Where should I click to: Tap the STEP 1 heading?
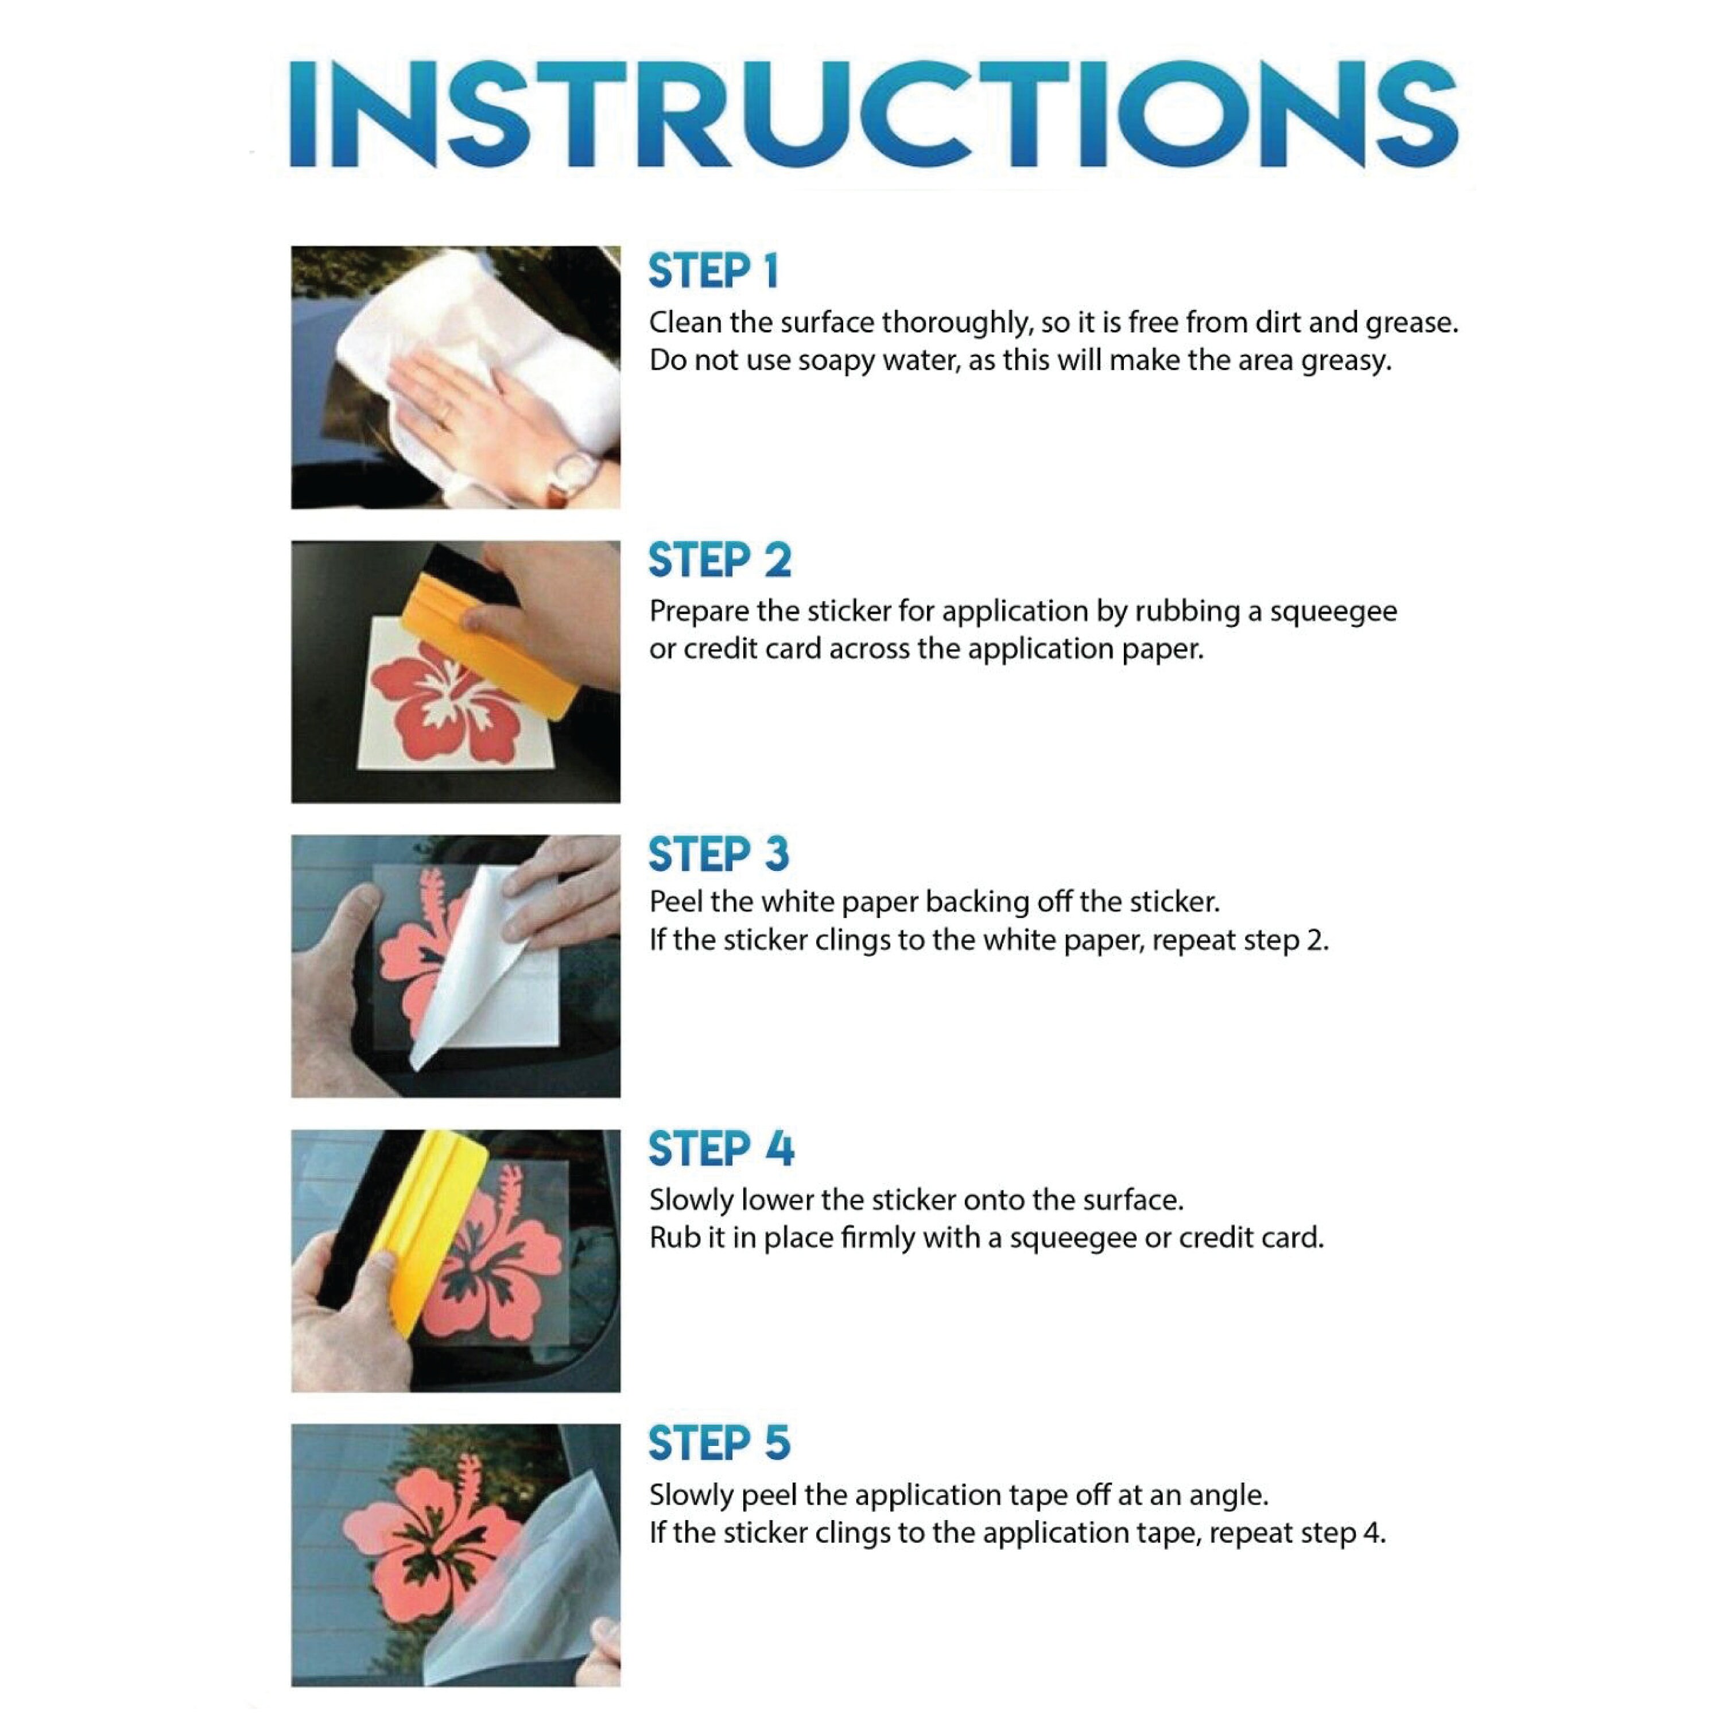coord(713,272)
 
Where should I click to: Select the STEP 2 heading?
coord(719,561)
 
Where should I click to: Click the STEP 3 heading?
coord(719,854)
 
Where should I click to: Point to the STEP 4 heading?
coord(720,1149)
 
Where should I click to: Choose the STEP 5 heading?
coord(719,1443)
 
